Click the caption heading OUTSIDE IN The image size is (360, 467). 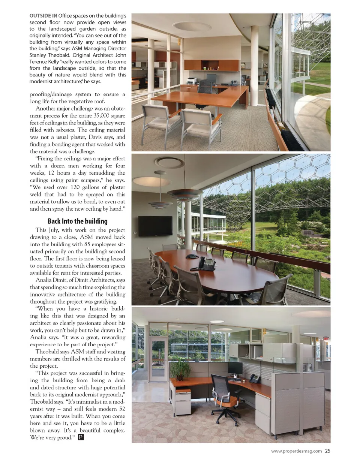(x=43, y=16)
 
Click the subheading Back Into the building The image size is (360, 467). (x=78, y=221)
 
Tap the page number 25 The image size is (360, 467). (x=327, y=451)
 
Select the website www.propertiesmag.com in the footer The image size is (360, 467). (x=296, y=451)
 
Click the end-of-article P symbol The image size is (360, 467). (x=81, y=437)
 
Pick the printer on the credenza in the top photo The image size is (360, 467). (x=192, y=81)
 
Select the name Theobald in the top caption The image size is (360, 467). (x=58, y=55)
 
